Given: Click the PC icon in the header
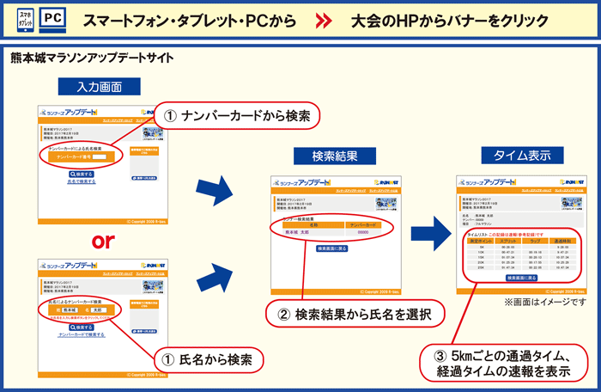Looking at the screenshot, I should tap(52, 18).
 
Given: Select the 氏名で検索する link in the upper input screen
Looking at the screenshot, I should tap(81, 182).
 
